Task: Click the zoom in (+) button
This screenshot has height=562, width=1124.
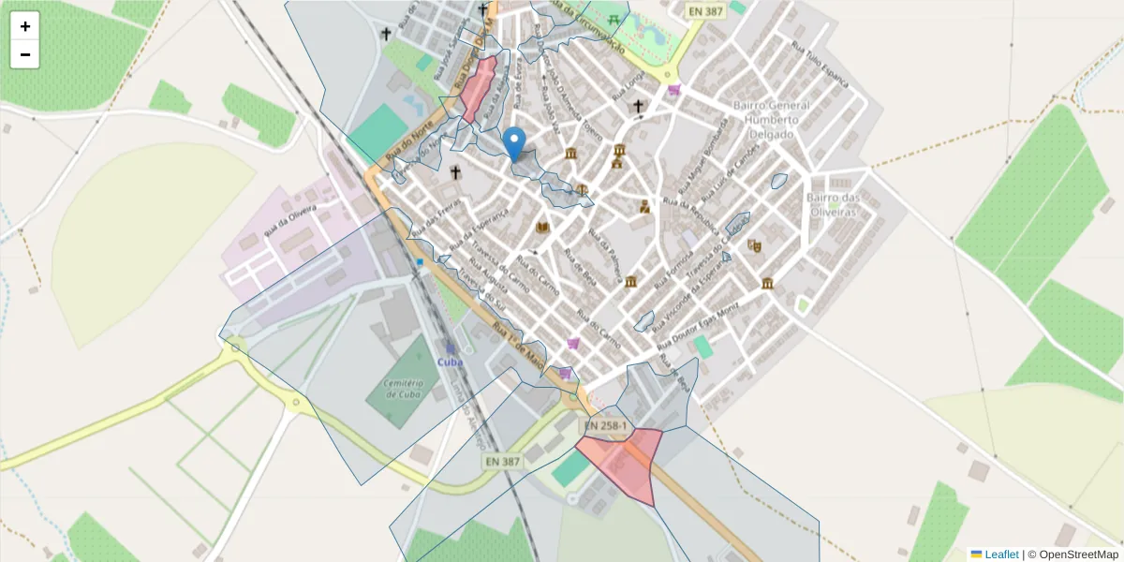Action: tap(25, 26)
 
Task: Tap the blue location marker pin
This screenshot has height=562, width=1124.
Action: tap(514, 143)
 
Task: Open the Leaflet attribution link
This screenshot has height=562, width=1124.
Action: tap(1001, 555)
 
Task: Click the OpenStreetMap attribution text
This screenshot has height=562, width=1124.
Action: tap(1078, 555)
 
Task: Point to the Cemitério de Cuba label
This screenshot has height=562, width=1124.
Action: tap(404, 389)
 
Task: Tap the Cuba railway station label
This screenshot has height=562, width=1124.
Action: tap(450, 362)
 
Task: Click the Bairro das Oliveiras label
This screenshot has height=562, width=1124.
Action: tap(833, 204)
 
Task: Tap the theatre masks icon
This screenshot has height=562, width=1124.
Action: tap(755, 246)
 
